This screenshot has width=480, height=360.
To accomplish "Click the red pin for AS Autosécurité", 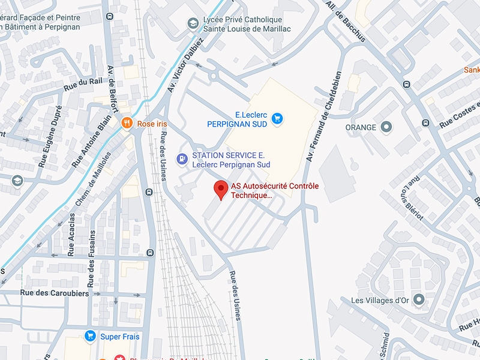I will coord(221,190).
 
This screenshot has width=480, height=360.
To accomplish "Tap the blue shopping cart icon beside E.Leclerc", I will coord(277,118).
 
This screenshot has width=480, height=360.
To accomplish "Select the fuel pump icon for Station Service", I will coord(181,159).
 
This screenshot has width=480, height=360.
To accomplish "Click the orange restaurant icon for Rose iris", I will coord(127,123).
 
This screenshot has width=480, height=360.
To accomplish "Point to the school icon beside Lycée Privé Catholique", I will coord(193,23).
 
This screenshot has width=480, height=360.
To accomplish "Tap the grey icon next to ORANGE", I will coord(386,127).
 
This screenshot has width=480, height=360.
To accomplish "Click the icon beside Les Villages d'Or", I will coord(418,299).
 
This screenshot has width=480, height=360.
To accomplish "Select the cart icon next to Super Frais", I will coord(91,336).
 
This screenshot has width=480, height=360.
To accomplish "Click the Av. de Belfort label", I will coord(112,88).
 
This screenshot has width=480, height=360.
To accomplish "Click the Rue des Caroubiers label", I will coord(54,293).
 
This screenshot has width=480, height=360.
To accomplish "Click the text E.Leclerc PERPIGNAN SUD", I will coord(237,119).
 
